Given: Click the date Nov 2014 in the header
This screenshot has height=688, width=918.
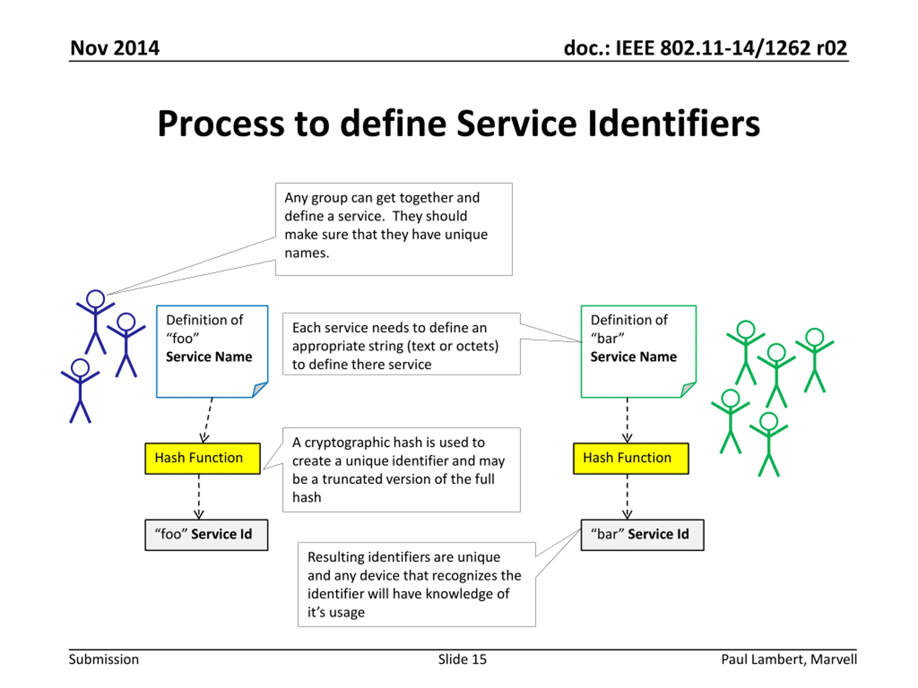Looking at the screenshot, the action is [114, 48].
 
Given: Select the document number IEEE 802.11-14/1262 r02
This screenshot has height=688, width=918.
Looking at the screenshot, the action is [731, 48].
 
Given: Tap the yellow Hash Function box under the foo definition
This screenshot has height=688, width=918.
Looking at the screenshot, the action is [203, 458].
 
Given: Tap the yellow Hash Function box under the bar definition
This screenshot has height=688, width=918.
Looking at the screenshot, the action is [631, 458].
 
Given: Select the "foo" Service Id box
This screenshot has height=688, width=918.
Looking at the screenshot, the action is [206, 535].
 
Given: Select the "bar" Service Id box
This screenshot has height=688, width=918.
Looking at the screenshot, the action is [643, 535].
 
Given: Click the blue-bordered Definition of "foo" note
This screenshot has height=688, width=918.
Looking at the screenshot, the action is [212, 351].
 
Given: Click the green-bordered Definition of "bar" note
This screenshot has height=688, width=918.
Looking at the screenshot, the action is [639, 351].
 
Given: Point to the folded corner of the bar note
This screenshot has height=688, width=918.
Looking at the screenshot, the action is [688, 390].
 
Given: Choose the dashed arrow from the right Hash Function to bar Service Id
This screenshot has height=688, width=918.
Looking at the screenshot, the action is [627, 497].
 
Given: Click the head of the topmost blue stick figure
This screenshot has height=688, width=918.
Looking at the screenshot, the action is [95, 298].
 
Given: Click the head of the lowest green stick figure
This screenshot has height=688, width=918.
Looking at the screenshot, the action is [768, 421].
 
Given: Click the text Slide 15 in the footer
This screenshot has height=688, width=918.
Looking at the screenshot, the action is [462, 659].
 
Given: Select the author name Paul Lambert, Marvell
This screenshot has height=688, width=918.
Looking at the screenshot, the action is [789, 659].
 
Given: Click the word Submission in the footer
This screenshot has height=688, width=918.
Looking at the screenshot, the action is [104, 659].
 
